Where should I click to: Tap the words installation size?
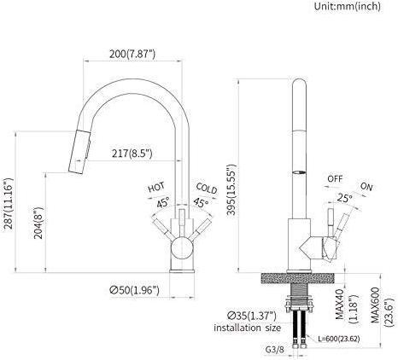[x=249, y=328]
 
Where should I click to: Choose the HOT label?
[x=156, y=187]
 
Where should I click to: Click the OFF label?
[x=335, y=178]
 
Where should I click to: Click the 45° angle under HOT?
[x=161, y=202]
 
